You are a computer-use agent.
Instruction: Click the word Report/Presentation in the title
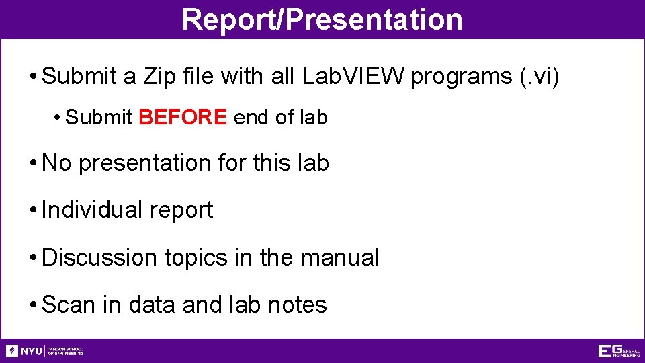[x=322, y=19]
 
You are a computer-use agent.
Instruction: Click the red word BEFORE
[x=183, y=118]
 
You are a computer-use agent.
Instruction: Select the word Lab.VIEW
[x=353, y=77]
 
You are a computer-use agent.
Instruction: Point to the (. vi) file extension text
[x=540, y=77]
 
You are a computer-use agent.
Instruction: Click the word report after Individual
[x=181, y=211]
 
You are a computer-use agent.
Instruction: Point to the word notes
[x=297, y=305]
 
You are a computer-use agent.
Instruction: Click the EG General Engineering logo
[x=618, y=351]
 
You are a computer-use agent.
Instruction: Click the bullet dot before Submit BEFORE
[x=58, y=118]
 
